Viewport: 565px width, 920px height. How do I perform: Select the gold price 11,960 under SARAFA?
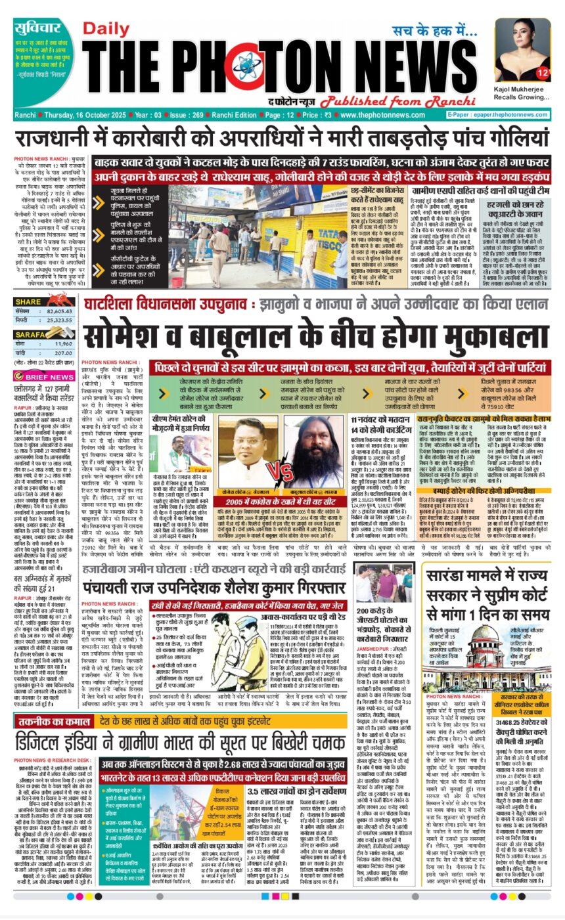(64, 343)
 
